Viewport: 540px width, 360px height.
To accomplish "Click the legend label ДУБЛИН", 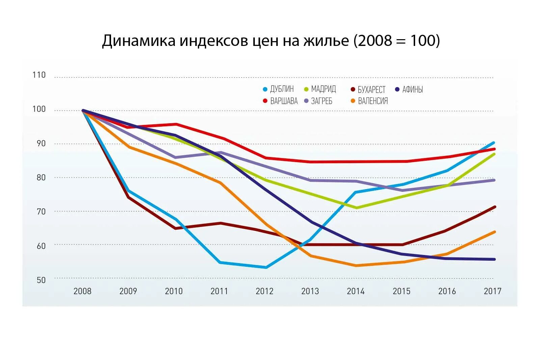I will [282, 89].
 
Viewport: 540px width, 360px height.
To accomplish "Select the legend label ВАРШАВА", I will [284, 101].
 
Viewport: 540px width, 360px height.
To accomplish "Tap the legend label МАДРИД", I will [323, 89].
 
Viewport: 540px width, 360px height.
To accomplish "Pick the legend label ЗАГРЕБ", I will [322, 101].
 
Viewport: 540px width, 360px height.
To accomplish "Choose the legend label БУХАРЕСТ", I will [371, 89].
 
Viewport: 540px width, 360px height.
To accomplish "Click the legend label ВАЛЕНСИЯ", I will [373, 101].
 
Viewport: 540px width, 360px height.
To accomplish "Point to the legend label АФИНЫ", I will [412, 89].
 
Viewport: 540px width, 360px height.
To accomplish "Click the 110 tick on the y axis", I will [39, 75].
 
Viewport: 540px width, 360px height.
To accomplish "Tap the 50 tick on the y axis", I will [41, 280].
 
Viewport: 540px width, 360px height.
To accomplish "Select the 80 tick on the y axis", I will [41, 178].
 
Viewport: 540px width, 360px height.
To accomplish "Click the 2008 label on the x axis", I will [82, 291].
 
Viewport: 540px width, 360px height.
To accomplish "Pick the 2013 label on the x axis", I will [310, 291].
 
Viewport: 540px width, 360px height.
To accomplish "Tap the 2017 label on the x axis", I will [492, 291].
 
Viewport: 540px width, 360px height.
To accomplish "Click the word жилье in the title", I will [326, 41].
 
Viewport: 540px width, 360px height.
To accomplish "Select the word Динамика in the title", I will [139, 41].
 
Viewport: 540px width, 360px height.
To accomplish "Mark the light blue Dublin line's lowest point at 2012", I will [266, 267].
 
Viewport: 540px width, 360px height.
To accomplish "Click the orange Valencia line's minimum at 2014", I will [356, 265].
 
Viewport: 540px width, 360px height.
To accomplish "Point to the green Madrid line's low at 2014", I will [357, 208].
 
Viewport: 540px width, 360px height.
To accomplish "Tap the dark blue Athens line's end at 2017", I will [494, 259].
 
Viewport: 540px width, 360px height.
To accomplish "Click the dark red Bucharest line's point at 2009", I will [129, 197].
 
